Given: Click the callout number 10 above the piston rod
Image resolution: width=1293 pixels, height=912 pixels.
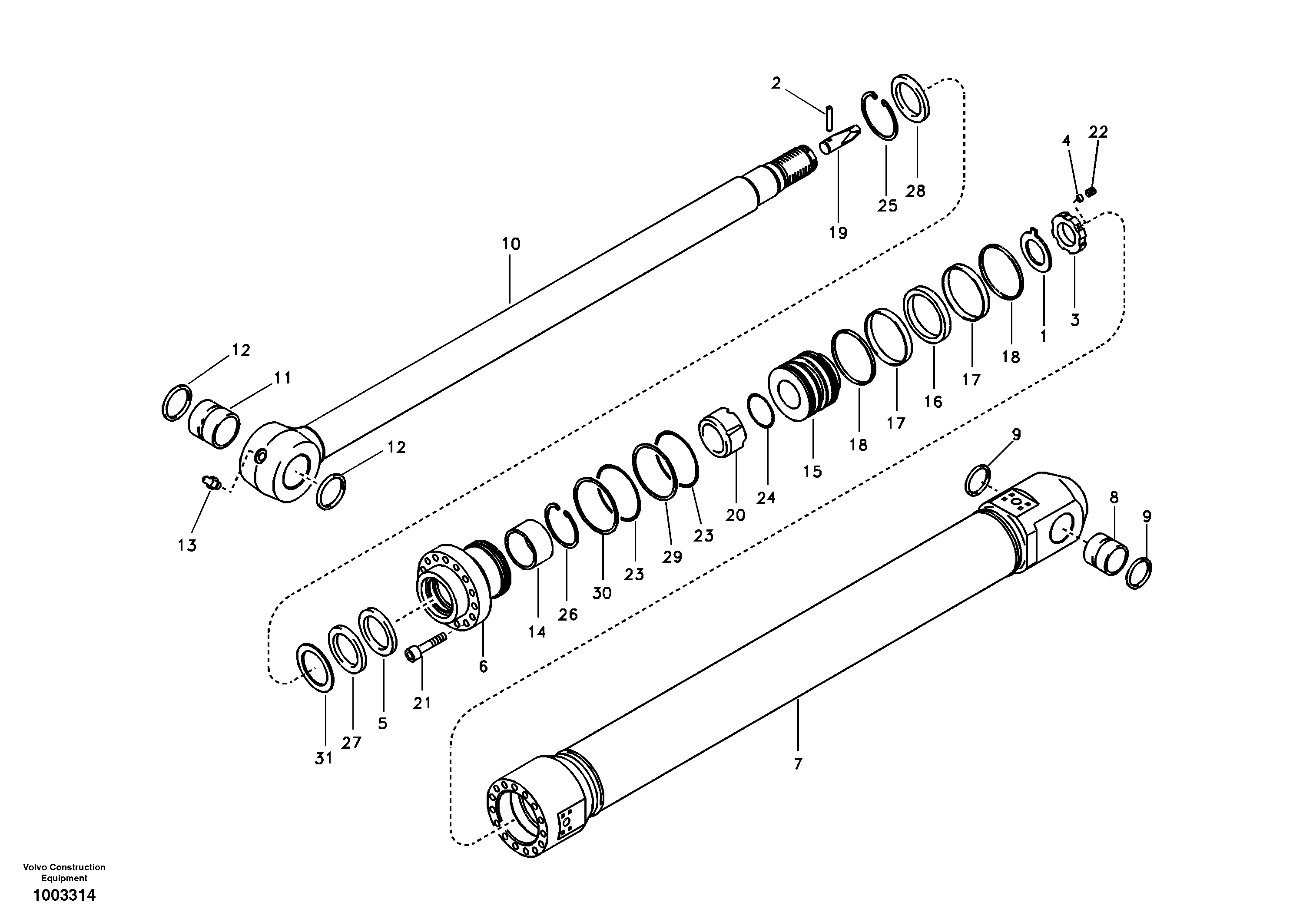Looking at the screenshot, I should [511, 245].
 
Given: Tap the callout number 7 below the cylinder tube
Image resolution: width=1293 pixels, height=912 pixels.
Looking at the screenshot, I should [797, 764].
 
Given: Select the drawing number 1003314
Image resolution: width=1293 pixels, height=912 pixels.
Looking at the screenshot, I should [64, 895].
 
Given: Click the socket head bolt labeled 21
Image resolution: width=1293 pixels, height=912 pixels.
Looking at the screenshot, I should [425, 645].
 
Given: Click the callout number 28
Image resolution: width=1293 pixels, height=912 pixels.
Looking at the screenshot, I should [915, 192].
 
